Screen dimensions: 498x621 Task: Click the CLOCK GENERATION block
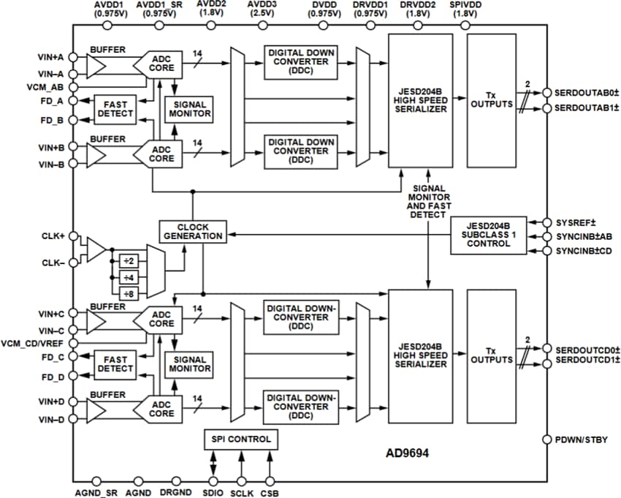191,231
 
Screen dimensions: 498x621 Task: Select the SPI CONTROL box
240,439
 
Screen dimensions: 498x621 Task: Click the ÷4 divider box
129,277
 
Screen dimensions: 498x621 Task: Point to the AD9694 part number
407,453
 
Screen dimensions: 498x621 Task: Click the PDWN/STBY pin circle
546,439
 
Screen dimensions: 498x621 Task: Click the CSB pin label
270,493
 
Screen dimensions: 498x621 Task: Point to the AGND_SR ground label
95,493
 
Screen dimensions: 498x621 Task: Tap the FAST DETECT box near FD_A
115,109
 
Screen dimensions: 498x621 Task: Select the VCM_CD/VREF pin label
34,343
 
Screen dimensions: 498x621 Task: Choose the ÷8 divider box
129,293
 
